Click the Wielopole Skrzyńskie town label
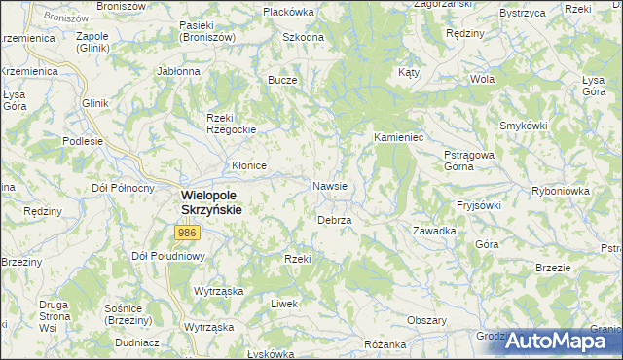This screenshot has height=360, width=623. click(211, 201)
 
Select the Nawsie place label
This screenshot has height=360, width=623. click(331, 185)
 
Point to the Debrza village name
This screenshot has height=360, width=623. click(334, 221)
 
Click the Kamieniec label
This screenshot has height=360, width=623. click(397, 138)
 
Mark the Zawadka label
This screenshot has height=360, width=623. click(434, 231)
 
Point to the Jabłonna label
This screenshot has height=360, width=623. click(178, 71)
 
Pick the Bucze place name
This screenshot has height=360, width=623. click(282, 81)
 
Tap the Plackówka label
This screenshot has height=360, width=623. click(288, 12)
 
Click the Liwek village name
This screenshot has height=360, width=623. click(284, 304)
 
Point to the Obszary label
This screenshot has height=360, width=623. click(426, 320)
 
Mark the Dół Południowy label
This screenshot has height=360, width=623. click(166, 256)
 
